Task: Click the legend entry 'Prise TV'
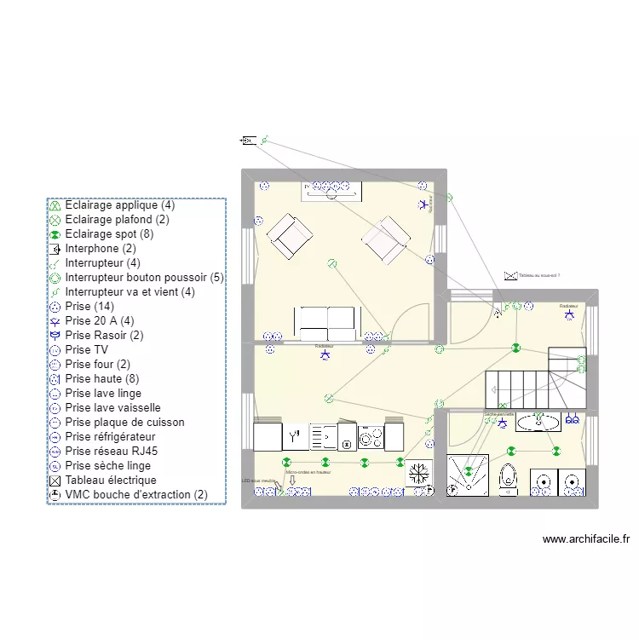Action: [86, 349]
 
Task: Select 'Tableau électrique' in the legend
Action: [110, 480]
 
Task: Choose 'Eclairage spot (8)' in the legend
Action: [108, 233]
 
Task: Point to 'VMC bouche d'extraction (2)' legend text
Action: [135, 494]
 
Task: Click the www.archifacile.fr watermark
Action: [585, 539]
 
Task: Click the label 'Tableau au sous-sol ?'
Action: [538, 276]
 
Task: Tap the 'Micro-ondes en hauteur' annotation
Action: [308, 471]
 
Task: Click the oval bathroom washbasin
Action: [538, 421]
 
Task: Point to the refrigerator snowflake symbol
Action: [418, 474]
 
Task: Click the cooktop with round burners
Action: [371, 438]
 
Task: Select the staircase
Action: [534, 379]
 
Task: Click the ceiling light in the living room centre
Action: [331, 264]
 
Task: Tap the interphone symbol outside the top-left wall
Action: [249, 141]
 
